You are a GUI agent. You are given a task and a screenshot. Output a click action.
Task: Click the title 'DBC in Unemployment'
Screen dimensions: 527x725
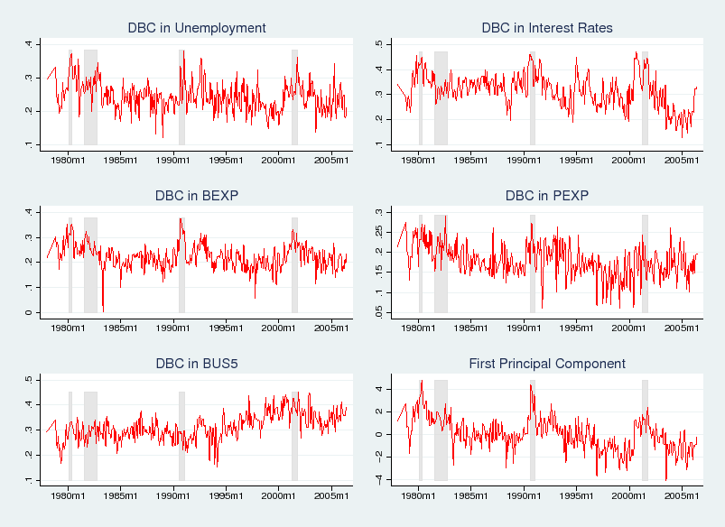pyautogui.click(x=197, y=28)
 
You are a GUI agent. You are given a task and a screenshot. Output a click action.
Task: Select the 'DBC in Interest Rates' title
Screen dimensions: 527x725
pyautogui.click(x=547, y=28)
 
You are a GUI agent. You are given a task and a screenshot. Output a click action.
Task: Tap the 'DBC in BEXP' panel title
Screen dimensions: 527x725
pyautogui.click(x=197, y=196)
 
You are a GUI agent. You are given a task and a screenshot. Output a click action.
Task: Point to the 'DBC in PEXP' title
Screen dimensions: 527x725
pyautogui.click(x=547, y=196)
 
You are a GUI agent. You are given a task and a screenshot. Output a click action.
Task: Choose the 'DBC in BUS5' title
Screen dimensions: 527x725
pyautogui.click(x=197, y=364)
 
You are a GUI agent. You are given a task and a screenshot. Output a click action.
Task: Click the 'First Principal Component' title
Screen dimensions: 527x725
pyautogui.click(x=547, y=364)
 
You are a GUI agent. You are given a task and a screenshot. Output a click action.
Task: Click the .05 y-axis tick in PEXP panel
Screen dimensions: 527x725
pyautogui.click(x=380, y=311)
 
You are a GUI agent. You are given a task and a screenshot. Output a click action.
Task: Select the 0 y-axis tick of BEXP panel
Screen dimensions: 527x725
pyautogui.click(x=29, y=312)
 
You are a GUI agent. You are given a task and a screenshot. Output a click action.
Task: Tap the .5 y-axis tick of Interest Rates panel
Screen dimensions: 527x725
pyautogui.click(x=380, y=44)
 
